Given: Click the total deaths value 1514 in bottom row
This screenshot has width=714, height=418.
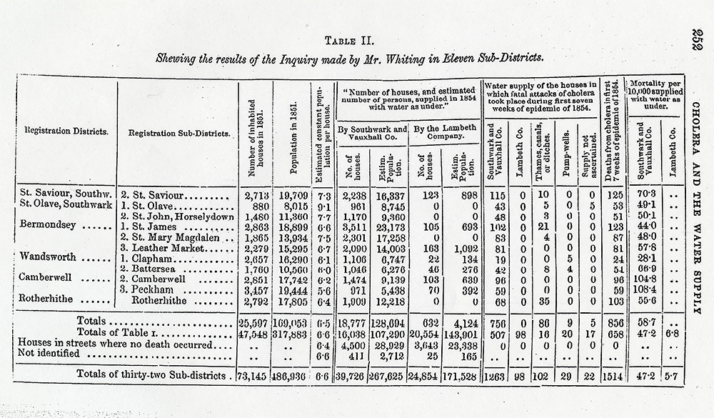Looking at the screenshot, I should coord(611,376).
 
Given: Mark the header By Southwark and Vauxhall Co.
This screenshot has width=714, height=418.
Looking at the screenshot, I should coord(373,135).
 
